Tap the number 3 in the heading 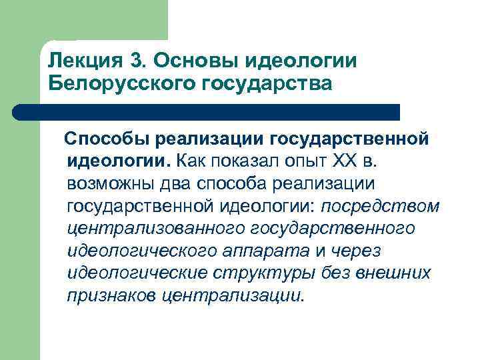point(137,61)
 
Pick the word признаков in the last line point(111,295)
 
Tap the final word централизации point(233,295)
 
